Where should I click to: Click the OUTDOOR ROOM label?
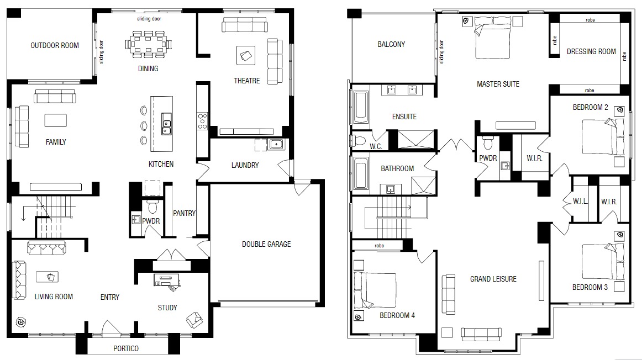pos(55,45)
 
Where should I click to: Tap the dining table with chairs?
pos(148,43)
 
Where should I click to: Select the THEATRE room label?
pos(247,81)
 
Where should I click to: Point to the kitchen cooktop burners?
pos(203,121)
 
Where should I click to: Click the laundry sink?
pos(276,145)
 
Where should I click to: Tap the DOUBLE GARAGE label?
pos(266,244)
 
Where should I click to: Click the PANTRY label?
pos(184,213)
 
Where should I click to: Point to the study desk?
pos(167,280)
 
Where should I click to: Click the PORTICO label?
pos(126,348)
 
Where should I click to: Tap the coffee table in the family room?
pos(55,120)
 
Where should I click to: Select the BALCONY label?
pos(391,44)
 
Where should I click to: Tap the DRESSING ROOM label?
pos(591,51)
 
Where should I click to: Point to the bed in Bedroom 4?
pos(375,290)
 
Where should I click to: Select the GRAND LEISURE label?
pos(493,279)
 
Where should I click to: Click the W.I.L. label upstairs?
pos(581,202)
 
